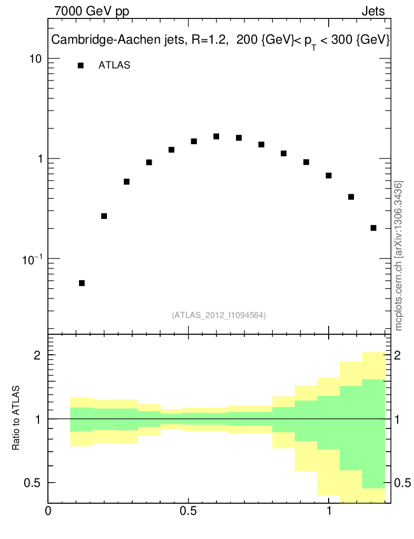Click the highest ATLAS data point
click(x=216, y=136)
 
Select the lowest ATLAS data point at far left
click(x=82, y=283)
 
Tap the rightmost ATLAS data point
click(x=373, y=228)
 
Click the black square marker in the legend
click(x=81, y=66)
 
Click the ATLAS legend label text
click(x=114, y=66)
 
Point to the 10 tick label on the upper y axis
click(x=36, y=58)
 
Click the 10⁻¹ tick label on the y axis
click(x=33, y=258)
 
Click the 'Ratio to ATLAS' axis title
click(x=16, y=418)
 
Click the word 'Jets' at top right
click(x=373, y=12)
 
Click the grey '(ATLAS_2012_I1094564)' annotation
click(x=219, y=315)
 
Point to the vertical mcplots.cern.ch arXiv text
click(x=399, y=256)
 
